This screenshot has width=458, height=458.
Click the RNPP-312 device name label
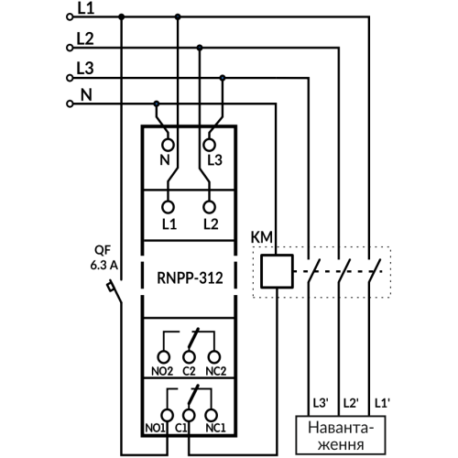(x=190, y=278)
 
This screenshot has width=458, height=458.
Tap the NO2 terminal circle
(x=164, y=356)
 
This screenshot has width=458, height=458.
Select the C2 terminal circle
(x=189, y=356)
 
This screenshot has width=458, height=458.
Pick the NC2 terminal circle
(x=214, y=356)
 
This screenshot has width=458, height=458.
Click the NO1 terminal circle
(x=168, y=415)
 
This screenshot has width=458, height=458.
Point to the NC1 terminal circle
(x=211, y=415)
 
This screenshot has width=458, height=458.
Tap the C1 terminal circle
(x=189, y=415)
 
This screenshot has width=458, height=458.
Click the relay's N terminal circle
(x=168, y=145)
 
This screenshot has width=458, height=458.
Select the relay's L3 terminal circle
(x=210, y=145)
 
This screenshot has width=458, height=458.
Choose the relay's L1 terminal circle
(x=168, y=207)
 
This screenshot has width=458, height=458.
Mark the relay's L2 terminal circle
(x=210, y=207)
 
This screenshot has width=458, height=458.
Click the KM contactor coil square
(x=277, y=271)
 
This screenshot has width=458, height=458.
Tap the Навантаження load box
(x=341, y=435)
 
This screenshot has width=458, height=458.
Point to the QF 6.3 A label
(x=104, y=258)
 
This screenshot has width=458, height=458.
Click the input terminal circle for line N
(x=70, y=104)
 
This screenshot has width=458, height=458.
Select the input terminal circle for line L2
(x=70, y=48)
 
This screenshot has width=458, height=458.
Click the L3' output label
(x=321, y=403)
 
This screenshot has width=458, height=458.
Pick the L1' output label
(x=382, y=403)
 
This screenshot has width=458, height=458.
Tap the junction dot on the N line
(x=157, y=104)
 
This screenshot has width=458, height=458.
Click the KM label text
(x=262, y=237)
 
